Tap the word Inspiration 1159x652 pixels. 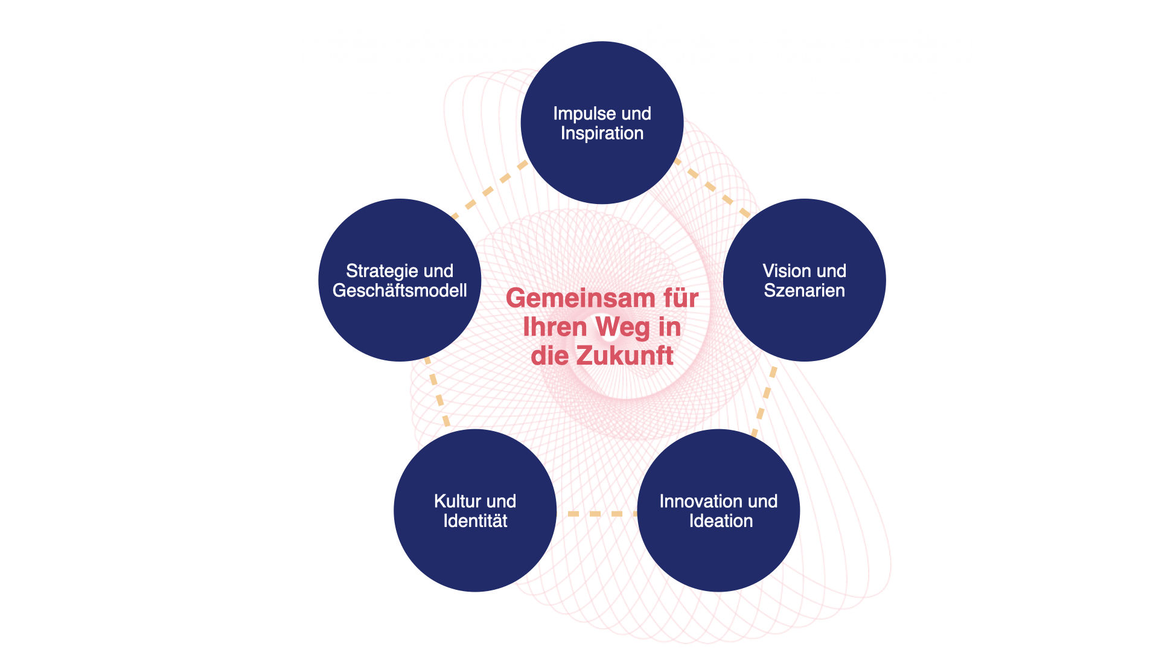(602, 133)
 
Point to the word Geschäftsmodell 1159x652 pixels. (400, 291)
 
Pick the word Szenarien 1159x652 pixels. (804, 291)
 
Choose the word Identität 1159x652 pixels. (475, 521)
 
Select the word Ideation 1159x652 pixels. (721, 521)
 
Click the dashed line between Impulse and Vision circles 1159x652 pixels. (712, 187)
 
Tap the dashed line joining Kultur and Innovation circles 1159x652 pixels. (596, 514)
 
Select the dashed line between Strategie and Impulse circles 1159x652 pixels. (489, 190)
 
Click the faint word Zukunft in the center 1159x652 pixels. (622, 355)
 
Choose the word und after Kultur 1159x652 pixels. (502, 501)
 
